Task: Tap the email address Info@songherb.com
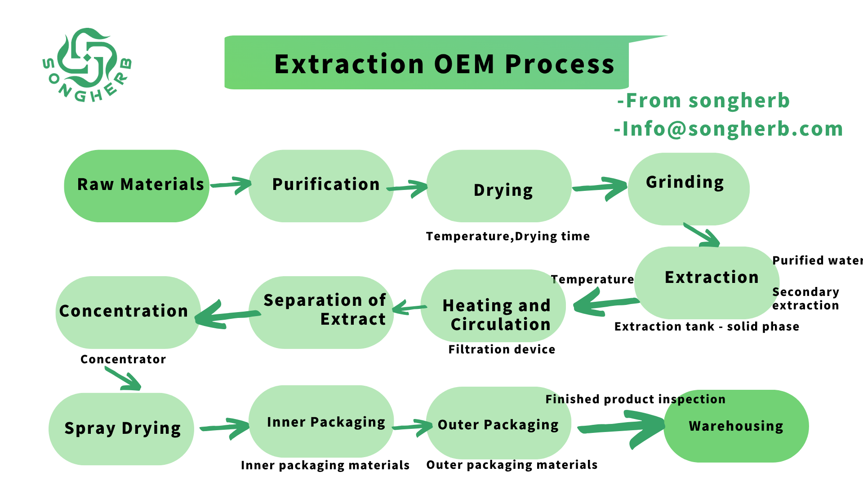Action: point(729,129)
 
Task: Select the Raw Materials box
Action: point(137,186)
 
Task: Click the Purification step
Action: point(321,186)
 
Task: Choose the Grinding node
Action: point(689,189)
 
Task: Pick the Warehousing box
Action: point(736,426)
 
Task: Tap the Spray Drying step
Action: point(121,429)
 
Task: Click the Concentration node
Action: point(128,313)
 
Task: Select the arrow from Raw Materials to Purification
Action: point(231,185)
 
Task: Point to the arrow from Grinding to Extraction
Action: point(702,235)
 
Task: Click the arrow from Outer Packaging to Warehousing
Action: point(622,428)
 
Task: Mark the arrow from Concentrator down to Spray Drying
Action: point(123,379)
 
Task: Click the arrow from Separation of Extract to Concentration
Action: point(227,314)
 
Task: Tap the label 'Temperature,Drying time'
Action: point(508,237)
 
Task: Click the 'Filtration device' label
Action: point(502,349)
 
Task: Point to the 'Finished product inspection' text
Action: point(636,399)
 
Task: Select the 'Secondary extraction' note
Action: point(805,299)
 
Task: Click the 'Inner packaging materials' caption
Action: point(325,465)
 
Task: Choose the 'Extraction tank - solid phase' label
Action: point(707,326)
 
